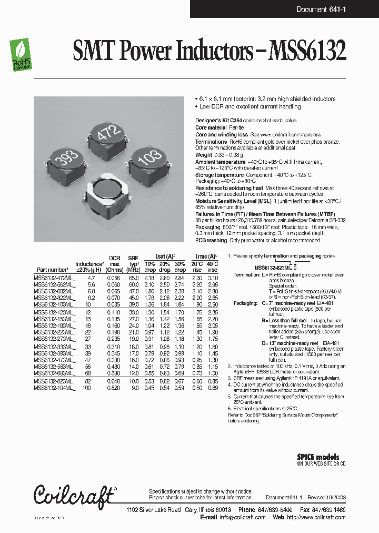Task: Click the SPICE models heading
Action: (318, 457)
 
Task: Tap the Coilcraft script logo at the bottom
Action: (74, 496)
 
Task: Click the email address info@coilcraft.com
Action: (243, 517)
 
